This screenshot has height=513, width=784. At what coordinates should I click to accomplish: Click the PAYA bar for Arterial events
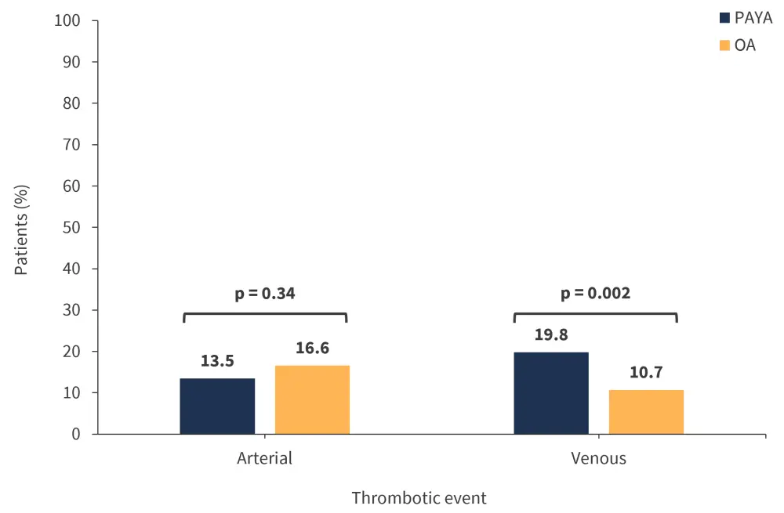click(x=217, y=406)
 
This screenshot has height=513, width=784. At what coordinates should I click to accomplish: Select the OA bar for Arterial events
click(x=312, y=399)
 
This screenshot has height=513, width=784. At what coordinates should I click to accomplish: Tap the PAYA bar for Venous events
click(x=551, y=392)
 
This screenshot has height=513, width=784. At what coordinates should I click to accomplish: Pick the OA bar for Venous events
click(x=646, y=411)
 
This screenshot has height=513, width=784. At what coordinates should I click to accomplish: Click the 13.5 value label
click(x=217, y=361)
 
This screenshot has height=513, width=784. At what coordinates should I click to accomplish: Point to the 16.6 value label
click(x=312, y=348)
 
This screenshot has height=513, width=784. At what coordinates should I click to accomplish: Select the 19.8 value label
click(x=551, y=335)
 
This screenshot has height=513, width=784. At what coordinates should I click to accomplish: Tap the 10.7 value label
click(x=646, y=372)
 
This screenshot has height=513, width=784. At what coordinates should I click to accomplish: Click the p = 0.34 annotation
click(x=265, y=294)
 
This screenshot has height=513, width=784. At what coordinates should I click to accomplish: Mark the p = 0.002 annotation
click(x=595, y=294)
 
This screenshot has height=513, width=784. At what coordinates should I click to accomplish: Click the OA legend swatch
click(x=724, y=45)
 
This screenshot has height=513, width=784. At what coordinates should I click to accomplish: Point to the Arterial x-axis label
click(x=264, y=458)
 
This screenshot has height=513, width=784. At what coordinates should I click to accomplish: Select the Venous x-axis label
click(x=598, y=458)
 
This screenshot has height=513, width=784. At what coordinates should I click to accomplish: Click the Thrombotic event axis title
click(x=419, y=497)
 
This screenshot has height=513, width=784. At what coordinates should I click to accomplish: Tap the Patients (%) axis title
click(x=21, y=226)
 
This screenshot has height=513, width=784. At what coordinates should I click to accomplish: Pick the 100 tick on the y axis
click(x=67, y=20)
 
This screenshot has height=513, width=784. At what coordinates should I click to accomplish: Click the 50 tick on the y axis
click(x=71, y=227)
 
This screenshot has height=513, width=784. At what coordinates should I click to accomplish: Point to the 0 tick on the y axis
click(x=76, y=434)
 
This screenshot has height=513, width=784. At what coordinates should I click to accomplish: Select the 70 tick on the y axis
click(x=71, y=145)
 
